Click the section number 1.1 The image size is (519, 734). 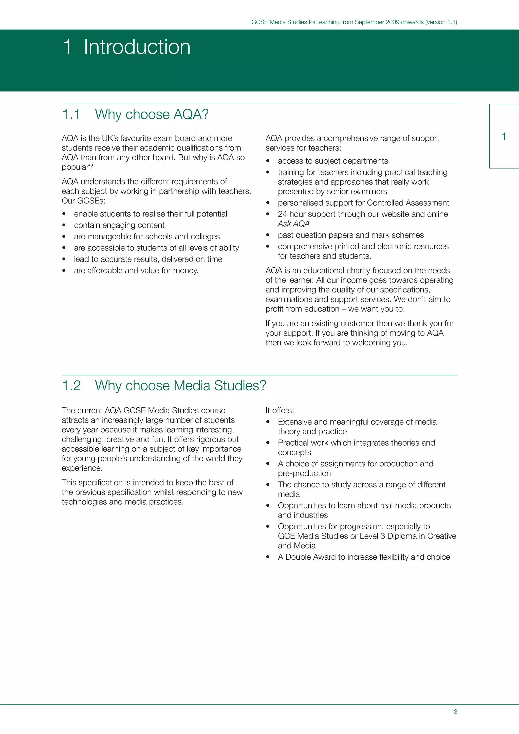tap(71, 115)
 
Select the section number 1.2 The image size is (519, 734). tap(71, 386)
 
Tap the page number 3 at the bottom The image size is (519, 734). tap(455, 712)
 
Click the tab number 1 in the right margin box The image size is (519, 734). tap(504, 137)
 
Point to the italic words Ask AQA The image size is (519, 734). tap(293, 224)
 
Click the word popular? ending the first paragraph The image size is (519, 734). tap(77, 167)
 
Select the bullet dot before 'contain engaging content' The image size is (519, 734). tap(64, 225)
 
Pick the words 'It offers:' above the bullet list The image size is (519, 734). tap(280, 411)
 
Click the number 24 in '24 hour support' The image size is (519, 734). tap(283, 214)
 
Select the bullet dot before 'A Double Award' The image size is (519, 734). tap(268, 557)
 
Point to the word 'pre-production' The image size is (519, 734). tap(304, 473)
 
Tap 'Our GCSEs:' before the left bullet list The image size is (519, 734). tap(83, 201)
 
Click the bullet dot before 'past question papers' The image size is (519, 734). tap(268, 235)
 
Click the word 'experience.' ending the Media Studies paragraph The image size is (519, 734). tap(82, 468)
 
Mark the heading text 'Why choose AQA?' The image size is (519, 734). tap(152, 115)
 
